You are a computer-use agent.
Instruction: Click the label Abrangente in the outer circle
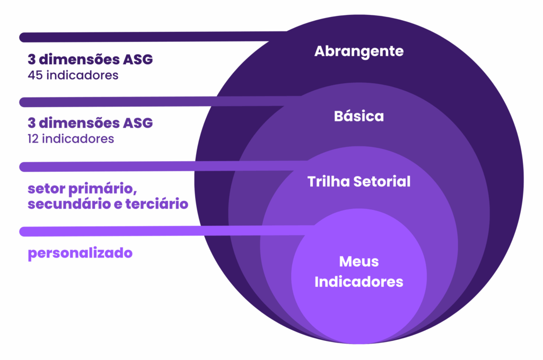point(359,51)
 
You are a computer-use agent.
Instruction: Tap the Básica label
point(359,116)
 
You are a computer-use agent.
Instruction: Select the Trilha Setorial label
point(359,182)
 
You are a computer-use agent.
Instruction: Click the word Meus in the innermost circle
point(359,261)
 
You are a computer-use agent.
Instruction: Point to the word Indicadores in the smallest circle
point(359,282)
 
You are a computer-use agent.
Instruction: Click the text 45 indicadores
point(73,75)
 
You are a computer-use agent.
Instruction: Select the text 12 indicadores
point(71,139)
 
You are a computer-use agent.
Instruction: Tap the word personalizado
point(80,253)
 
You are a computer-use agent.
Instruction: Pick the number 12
point(34,139)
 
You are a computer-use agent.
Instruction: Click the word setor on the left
point(43,189)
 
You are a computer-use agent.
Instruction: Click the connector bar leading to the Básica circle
point(154,101)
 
